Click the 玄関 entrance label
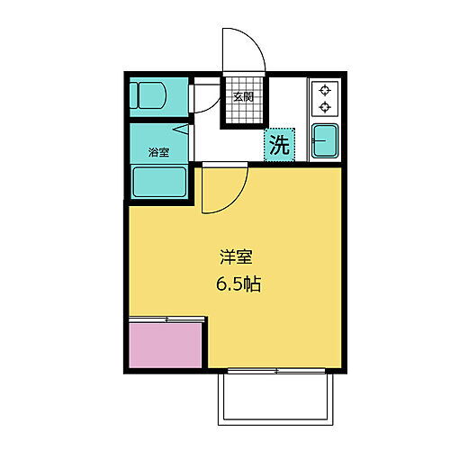point(243,97)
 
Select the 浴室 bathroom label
point(159,152)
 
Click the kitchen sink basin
point(324,141)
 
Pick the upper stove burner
point(324,90)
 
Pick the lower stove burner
point(324,107)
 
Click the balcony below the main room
point(278,396)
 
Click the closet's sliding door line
point(166,319)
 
